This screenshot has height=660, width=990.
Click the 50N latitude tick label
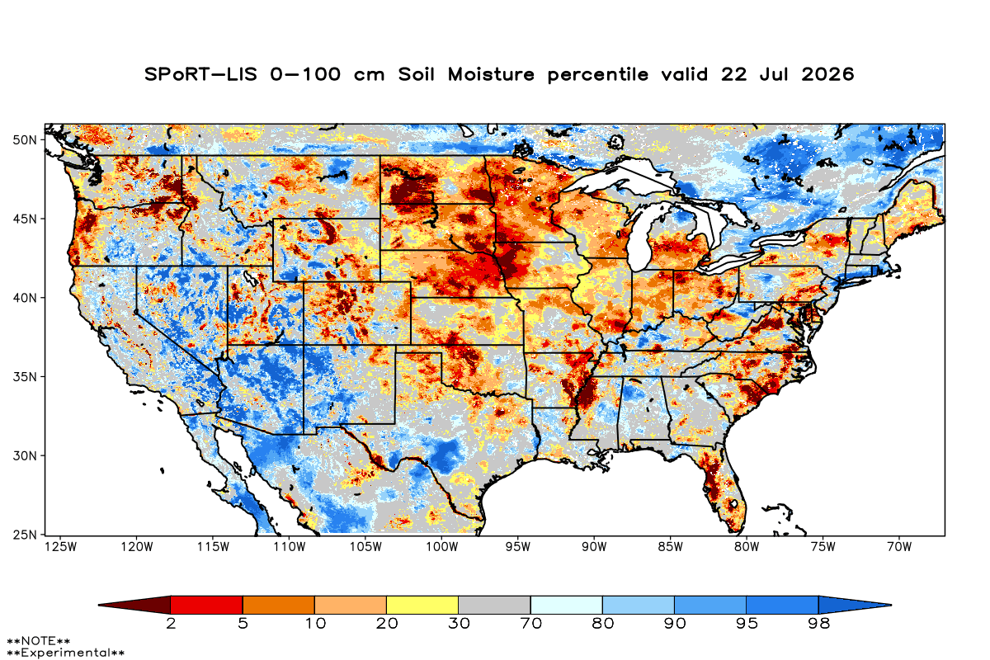point(25,140)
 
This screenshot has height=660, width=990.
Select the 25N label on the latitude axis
point(25,535)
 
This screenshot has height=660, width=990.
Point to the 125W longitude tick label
point(61,547)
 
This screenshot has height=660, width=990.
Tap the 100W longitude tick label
point(442,547)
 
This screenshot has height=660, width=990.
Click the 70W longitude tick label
point(899,547)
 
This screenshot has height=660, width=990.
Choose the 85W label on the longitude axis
point(671,547)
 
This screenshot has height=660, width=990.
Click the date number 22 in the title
point(733,74)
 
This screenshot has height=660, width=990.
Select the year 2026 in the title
point(827,74)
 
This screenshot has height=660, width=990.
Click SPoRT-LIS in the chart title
point(200,74)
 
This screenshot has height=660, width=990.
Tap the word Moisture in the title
point(491,74)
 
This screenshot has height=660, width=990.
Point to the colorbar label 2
point(171,624)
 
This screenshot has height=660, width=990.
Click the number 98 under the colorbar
point(819,624)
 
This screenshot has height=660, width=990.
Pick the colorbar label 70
point(530,624)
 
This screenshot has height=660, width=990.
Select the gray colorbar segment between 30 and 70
point(494,605)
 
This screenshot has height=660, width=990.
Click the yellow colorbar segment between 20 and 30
point(422,605)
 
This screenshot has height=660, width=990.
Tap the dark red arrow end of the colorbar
point(134,605)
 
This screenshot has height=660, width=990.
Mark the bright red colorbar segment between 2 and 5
point(207,605)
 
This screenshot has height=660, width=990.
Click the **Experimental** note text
point(66,653)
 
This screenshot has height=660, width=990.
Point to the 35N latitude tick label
point(25,377)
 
